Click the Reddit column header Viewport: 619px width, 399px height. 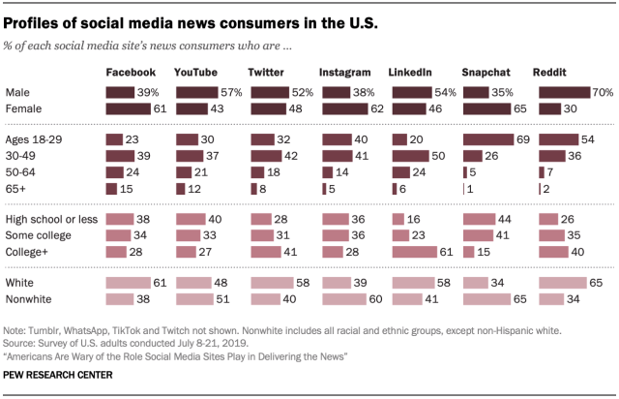click(552, 73)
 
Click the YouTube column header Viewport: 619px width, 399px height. click(194, 73)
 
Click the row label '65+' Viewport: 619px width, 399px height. click(17, 188)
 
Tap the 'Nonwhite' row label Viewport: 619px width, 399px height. click(29, 300)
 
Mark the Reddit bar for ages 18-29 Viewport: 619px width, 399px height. click(555, 138)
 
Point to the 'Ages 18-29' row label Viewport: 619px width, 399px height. click(33, 138)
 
